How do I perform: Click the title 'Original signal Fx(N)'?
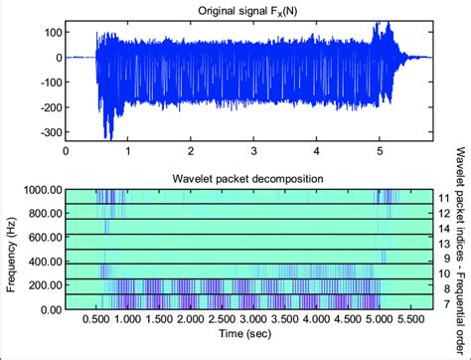click(x=249, y=11)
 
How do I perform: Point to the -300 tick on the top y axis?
click(x=46, y=132)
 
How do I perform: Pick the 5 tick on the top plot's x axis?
click(x=379, y=151)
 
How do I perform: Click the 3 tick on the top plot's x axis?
click(x=253, y=151)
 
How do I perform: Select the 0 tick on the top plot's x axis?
click(x=66, y=151)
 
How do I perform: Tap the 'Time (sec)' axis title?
click(x=249, y=338)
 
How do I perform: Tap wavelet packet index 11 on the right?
click(x=445, y=197)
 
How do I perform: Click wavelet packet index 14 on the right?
click(x=445, y=228)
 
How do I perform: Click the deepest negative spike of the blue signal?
click(x=109, y=138)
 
